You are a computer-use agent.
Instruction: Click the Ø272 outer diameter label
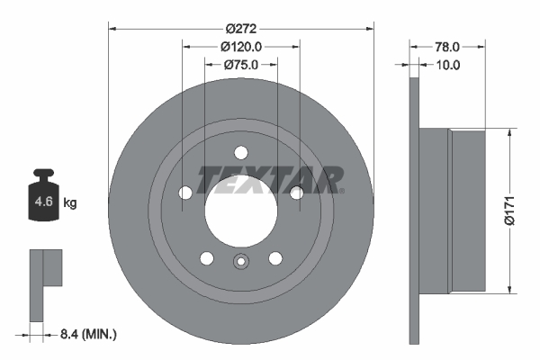pos(240,27)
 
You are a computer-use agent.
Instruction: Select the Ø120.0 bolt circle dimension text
pos(240,46)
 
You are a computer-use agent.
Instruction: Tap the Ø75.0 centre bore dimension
pos(240,64)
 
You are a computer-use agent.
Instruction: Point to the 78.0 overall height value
pos(448,46)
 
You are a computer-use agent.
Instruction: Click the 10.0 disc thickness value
pos(448,64)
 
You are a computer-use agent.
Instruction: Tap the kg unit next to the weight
pos(70,203)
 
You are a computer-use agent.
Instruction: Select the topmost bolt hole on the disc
pos(240,153)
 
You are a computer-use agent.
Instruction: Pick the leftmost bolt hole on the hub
pos(185,192)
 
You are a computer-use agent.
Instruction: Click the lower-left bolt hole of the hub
pos(207,258)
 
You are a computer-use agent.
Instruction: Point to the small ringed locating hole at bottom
pos(240,263)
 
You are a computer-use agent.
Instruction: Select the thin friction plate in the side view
pos(414,210)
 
